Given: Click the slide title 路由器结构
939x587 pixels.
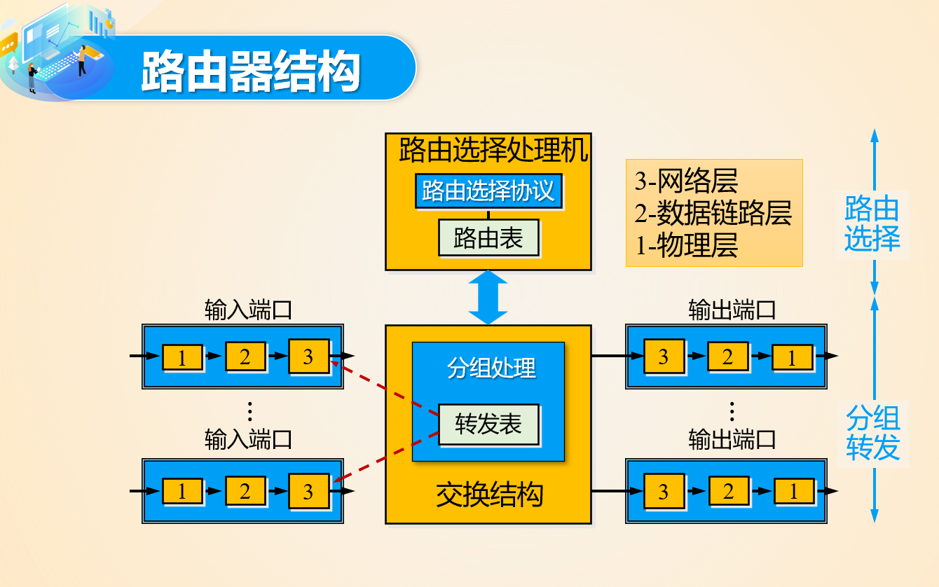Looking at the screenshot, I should (x=250, y=71).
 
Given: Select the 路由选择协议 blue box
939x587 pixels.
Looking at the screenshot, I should (x=488, y=191).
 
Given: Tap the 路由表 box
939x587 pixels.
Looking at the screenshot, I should (x=488, y=238).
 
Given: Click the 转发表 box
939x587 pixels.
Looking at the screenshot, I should (x=488, y=424).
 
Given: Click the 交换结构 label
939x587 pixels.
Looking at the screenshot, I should (x=489, y=495).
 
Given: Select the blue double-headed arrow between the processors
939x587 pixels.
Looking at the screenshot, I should (x=488, y=298).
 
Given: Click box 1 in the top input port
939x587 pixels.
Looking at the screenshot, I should (x=182, y=357).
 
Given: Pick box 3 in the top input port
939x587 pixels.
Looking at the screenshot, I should (x=308, y=357).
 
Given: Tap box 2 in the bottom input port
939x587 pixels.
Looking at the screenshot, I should (x=245, y=491).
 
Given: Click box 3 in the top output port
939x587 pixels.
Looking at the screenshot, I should (x=664, y=357).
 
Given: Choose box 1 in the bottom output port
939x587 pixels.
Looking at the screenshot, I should (x=794, y=492).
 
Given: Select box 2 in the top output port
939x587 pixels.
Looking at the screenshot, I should (x=727, y=357).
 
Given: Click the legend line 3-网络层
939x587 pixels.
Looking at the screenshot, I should (x=686, y=181).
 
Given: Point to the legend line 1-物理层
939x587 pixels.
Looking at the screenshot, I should (x=686, y=246).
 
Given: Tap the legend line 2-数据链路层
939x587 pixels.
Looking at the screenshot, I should (x=713, y=213).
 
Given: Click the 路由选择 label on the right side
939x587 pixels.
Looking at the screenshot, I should (x=872, y=224).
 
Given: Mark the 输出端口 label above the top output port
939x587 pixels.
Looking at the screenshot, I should (x=732, y=310).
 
